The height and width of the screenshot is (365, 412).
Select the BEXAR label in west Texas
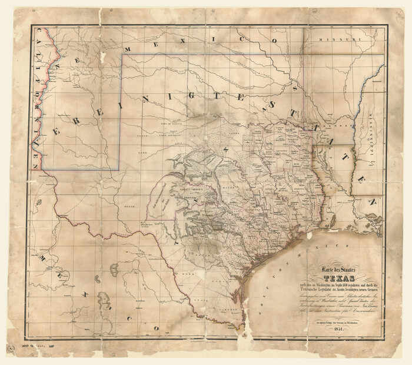coord(130,207)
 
